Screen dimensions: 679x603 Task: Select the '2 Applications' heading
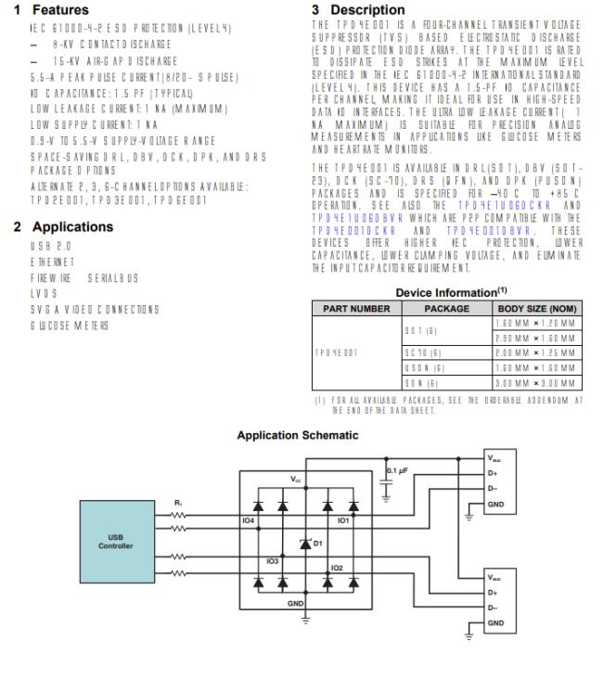point(62,226)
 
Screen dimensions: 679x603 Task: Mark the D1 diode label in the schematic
point(317,542)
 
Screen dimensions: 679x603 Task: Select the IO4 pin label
point(249,522)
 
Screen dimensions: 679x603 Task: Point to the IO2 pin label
point(337,568)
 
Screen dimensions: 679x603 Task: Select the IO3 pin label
point(273,562)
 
